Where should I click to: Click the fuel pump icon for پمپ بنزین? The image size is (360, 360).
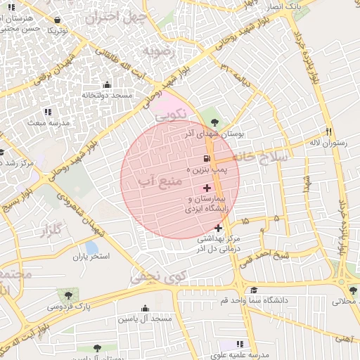[207, 159]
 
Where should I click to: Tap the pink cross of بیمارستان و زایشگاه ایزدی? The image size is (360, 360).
[207, 188]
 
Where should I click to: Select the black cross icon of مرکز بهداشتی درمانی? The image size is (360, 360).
[218, 227]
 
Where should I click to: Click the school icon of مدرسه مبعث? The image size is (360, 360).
[48, 112]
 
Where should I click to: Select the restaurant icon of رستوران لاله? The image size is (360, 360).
[328, 131]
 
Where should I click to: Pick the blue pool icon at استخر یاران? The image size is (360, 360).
[91, 247]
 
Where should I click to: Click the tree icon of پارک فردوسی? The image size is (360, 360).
[68, 295]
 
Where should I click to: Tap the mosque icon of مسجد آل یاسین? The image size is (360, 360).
[145, 308]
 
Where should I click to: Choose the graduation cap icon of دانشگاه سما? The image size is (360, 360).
[253, 290]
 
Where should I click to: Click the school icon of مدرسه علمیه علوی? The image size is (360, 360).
[240, 344]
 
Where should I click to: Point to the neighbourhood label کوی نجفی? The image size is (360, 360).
[158, 278]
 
